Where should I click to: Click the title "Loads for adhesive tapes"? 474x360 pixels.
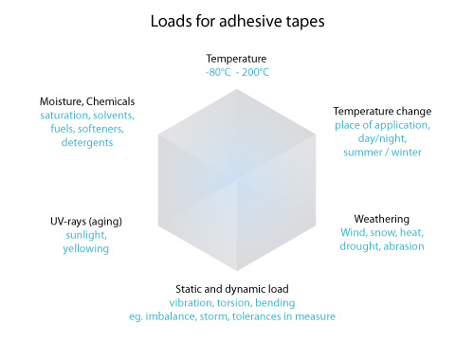[x=237, y=22]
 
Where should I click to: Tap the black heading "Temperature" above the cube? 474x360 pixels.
[x=236, y=59]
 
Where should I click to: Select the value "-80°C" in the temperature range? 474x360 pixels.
[x=218, y=72]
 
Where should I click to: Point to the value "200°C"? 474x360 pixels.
[x=255, y=72]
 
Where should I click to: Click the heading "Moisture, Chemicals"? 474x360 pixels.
[x=87, y=101]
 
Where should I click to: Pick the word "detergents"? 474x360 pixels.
[x=87, y=143]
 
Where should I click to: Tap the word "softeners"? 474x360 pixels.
[x=100, y=129]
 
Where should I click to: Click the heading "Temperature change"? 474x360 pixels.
[x=382, y=112]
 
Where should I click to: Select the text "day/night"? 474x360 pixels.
[x=382, y=138]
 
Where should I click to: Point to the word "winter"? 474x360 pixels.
[x=407, y=153]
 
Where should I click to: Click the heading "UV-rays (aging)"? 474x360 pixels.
[x=86, y=222]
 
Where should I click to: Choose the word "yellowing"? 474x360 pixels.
[x=86, y=249]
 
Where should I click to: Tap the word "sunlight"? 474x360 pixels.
[x=86, y=235]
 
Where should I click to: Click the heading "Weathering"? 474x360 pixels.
[x=382, y=219]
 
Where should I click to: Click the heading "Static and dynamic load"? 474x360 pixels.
[x=232, y=289]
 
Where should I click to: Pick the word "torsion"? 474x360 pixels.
[x=234, y=303]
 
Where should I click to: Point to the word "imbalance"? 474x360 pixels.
[x=170, y=316]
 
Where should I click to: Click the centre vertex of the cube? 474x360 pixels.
[x=237, y=180]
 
